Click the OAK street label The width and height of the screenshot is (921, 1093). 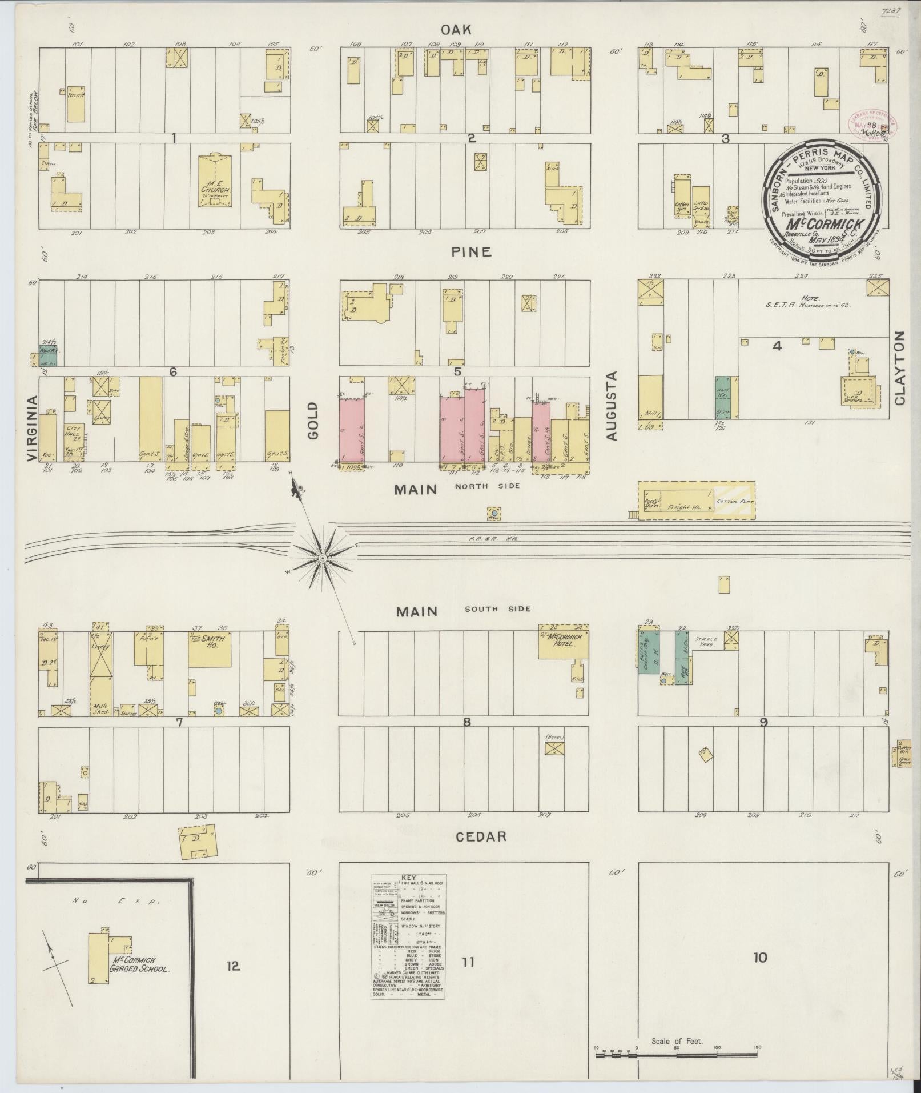pyautogui.click(x=463, y=29)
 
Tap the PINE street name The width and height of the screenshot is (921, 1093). pyautogui.click(x=470, y=251)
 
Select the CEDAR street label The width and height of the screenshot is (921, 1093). pyautogui.click(x=481, y=836)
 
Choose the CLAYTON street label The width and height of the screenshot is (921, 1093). pyautogui.click(x=900, y=368)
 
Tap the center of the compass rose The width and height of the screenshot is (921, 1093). pyautogui.click(x=323, y=557)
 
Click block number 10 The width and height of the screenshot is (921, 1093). pyautogui.click(x=759, y=958)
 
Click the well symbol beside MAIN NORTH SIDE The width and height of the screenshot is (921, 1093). pyautogui.click(x=493, y=514)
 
